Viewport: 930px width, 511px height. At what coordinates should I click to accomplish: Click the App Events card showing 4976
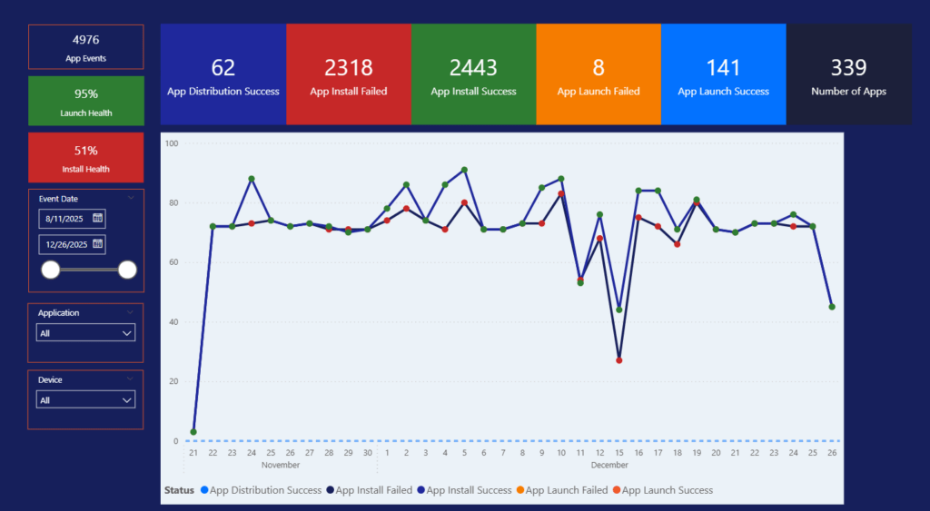85,47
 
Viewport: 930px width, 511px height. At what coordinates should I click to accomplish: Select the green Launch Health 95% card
85,101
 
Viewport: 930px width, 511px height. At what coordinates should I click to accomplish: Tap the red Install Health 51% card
85,157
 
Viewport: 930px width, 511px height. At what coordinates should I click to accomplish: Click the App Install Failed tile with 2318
348,74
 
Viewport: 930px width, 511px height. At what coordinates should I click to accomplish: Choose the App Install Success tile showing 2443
473,74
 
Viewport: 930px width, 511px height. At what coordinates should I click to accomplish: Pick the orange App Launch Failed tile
598,74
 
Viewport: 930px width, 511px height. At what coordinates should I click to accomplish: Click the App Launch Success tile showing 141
723,74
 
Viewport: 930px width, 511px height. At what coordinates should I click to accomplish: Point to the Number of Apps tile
848,74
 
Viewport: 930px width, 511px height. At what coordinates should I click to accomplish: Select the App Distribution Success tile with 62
223,74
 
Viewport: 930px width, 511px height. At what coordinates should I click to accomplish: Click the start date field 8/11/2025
64,219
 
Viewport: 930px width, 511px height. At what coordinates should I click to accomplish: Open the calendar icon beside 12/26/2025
98,244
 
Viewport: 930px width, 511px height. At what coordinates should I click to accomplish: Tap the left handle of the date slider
51,270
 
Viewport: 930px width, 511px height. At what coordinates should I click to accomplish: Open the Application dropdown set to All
85,333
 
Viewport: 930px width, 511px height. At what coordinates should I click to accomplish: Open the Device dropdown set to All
85,400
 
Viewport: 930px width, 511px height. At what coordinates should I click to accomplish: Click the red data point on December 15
618,360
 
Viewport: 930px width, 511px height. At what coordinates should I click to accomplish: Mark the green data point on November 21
193,432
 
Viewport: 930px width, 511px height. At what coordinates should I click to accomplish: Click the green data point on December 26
832,307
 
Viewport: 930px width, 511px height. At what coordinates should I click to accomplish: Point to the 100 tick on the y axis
172,143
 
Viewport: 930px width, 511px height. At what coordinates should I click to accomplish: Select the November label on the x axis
280,465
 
